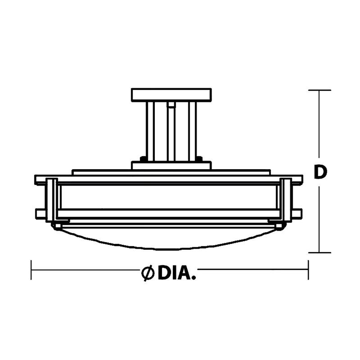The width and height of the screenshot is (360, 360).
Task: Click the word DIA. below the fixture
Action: [x=177, y=273]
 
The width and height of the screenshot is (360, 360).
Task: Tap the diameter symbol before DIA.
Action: [x=148, y=273]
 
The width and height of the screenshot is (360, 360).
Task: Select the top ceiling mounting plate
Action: [x=171, y=95]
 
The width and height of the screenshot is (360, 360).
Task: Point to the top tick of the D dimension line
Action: [x=319, y=90]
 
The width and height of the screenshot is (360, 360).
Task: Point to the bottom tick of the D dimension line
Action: [x=319, y=252]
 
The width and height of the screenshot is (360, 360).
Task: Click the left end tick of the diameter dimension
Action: [x=31, y=270]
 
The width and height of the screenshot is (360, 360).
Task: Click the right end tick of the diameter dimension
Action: [x=308, y=270]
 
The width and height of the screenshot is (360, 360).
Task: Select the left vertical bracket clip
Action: [x=52, y=200]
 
